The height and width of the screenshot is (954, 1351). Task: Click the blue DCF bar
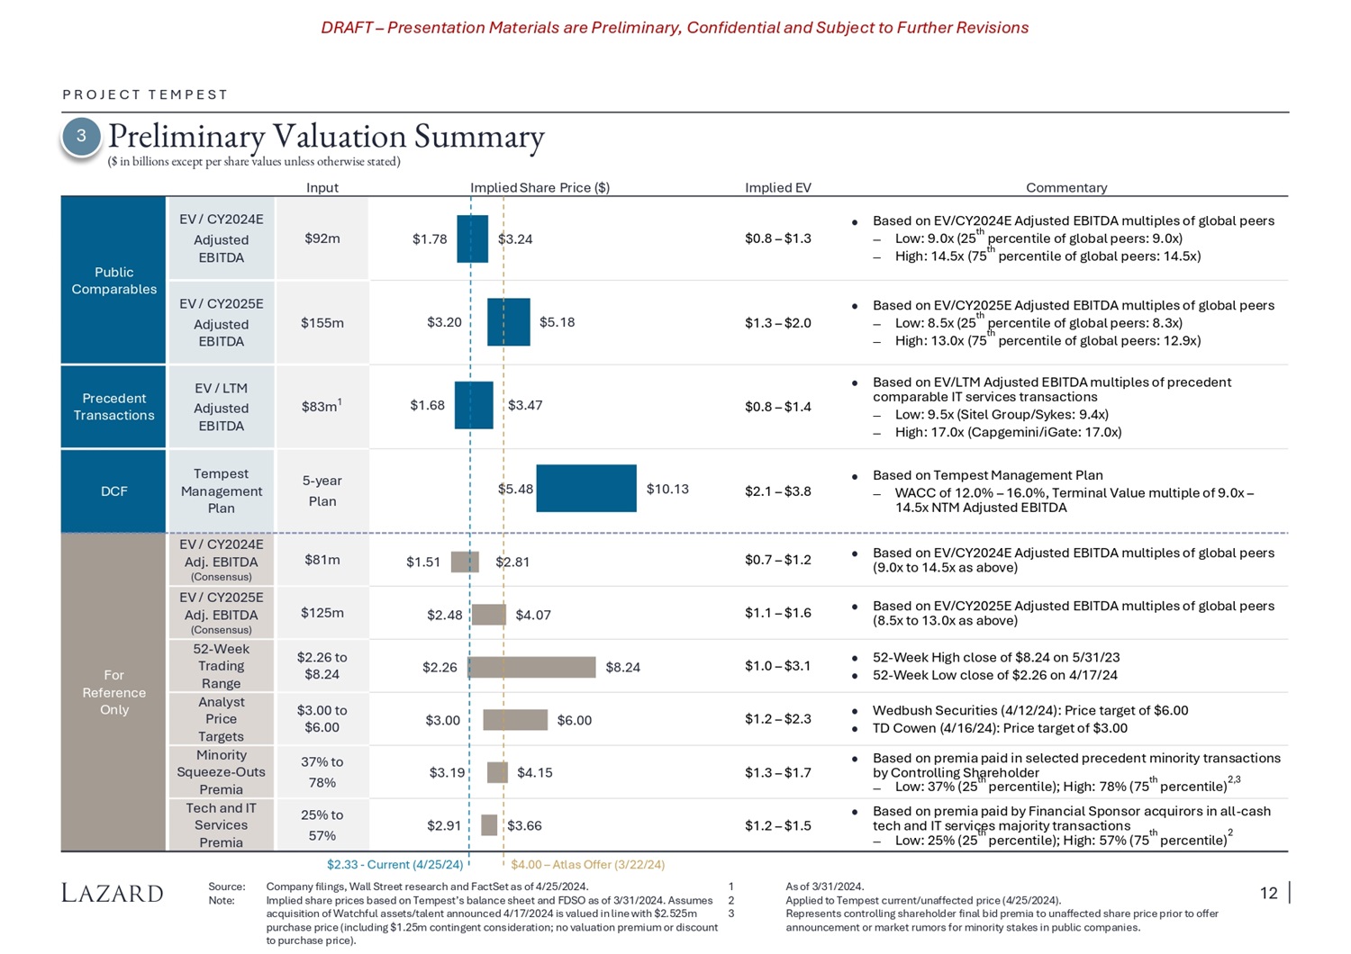tap(585, 488)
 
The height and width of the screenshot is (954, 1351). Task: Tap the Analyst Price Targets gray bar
tap(515, 720)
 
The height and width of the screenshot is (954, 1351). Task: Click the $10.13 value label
tap(667, 489)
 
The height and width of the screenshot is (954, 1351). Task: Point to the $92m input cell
tap(322, 238)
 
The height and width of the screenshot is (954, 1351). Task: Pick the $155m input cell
tap(322, 323)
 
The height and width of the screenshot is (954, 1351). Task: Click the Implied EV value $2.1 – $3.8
tap(777, 491)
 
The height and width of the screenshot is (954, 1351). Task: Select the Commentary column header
tap(1065, 187)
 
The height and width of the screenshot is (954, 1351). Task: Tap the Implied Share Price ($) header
tap(539, 187)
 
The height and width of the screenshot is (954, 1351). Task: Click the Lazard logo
tap(113, 893)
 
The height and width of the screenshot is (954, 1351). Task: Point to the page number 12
tap(1268, 893)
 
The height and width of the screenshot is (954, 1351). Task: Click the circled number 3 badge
tap(81, 136)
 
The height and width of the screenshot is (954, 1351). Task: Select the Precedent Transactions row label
tap(113, 407)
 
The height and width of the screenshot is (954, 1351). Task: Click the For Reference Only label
tap(113, 692)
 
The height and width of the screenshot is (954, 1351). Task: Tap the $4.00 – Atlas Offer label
tap(587, 864)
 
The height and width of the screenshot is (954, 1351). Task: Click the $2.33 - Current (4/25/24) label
tap(394, 864)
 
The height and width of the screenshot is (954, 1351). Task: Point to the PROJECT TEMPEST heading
tap(145, 94)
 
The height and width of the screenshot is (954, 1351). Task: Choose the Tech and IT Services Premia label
tap(221, 825)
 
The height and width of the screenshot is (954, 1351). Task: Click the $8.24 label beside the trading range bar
tap(622, 667)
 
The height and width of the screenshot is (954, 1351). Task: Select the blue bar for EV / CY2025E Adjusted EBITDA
tap(508, 322)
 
